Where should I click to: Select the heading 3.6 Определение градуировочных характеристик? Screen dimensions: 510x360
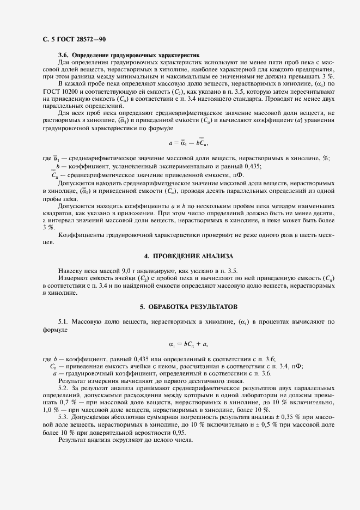coord(129,56)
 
